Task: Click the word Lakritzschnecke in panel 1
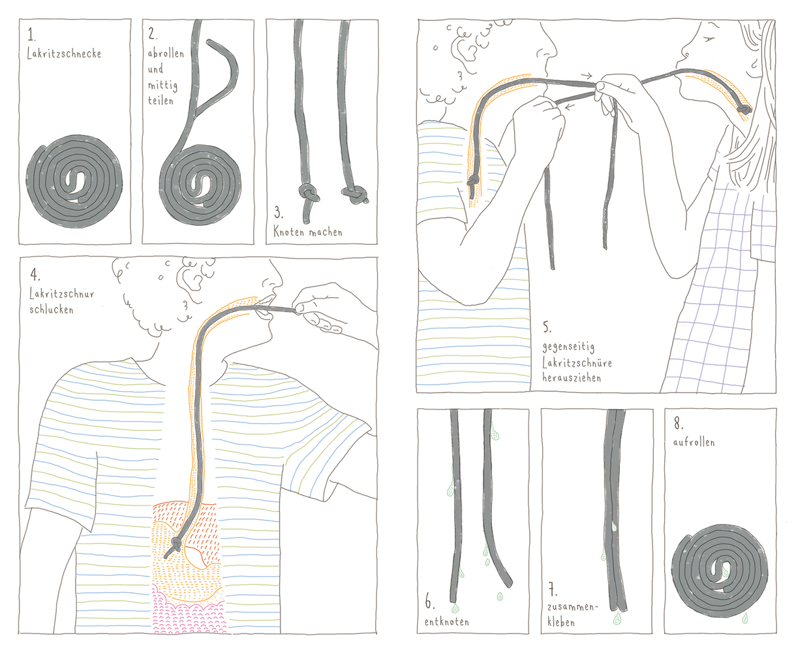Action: (x=64, y=54)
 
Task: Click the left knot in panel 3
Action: (x=308, y=194)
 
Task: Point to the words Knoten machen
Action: (x=307, y=231)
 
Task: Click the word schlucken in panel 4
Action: (x=51, y=309)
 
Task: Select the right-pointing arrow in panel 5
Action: (x=586, y=76)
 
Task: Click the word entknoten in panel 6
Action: (x=446, y=621)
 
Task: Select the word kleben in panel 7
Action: (x=561, y=622)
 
